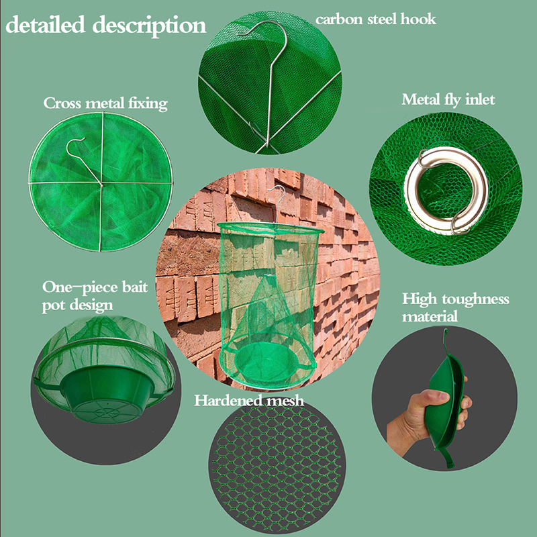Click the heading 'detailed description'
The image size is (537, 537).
(x=106, y=26)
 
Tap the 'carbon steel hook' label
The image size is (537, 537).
(x=376, y=19)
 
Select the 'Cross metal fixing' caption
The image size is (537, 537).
(x=105, y=103)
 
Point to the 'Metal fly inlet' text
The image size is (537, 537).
(x=448, y=99)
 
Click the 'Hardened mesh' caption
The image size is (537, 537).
(x=249, y=400)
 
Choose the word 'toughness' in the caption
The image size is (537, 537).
(x=475, y=299)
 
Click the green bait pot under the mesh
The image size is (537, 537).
(x=107, y=394)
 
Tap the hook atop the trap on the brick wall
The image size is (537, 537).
(x=278, y=202)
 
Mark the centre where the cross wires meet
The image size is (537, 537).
(x=101, y=183)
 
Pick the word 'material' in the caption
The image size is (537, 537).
(x=430, y=316)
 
